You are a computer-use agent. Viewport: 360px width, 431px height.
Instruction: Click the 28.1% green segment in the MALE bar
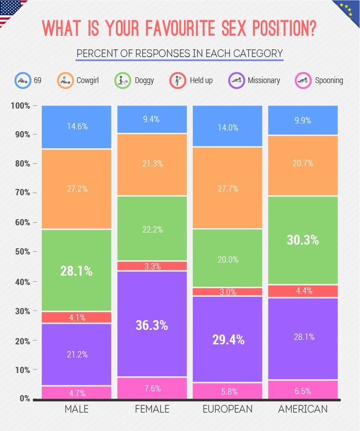[76, 270]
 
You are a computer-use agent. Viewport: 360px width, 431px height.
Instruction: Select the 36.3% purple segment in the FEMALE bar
[152, 324]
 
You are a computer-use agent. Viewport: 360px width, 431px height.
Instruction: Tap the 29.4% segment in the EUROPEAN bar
[227, 339]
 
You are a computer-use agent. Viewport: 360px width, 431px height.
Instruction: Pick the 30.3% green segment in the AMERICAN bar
[303, 240]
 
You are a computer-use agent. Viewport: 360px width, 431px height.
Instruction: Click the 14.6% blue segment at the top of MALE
[76, 127]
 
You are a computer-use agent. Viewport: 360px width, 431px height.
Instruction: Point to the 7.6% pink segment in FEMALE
[152, 388]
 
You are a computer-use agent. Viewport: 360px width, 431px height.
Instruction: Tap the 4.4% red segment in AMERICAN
[303, 291]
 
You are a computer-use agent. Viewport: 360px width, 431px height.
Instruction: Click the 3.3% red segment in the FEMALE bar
[152, 266]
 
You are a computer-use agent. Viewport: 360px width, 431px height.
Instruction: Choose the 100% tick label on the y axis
[20, 106]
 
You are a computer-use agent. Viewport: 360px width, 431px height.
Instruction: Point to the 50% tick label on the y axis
[22, 252]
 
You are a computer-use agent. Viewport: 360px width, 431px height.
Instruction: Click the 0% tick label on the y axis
[24, 399]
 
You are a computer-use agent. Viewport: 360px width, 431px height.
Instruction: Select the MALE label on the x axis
[76, 409]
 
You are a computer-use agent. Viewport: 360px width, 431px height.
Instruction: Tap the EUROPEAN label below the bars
[227, 409]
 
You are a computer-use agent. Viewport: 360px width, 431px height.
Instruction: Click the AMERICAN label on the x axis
[303, 409]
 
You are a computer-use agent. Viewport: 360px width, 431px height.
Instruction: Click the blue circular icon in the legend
[22, 80]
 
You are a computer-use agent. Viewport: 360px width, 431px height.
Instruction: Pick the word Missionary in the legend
[264, 80]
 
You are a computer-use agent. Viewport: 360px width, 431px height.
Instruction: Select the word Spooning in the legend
[329, 80]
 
